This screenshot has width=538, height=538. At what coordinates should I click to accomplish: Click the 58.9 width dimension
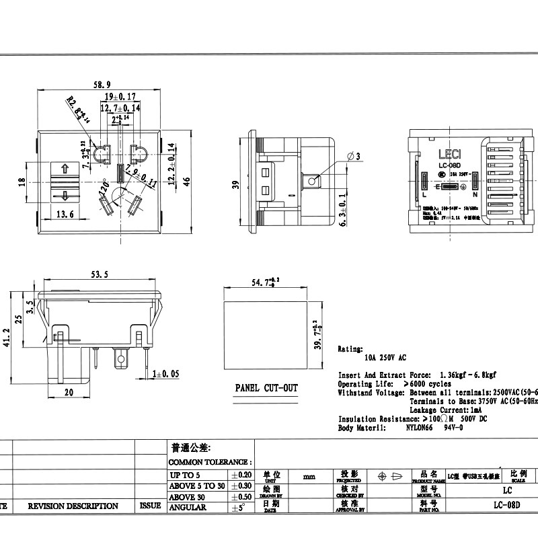[x=102, y=84]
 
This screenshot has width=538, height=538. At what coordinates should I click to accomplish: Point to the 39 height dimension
[x=235, y=184]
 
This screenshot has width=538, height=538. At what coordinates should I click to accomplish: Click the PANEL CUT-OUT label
[x=266, y=389]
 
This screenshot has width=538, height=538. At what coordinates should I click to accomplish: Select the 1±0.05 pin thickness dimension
[x=165, y=373]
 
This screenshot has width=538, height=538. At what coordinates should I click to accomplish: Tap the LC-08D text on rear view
[x=449, y=165]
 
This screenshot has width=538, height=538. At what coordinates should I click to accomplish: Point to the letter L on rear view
[x=424, y=194]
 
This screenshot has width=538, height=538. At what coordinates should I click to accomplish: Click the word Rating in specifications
[x=350, y=350]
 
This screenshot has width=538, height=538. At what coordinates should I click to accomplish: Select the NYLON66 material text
[x=422, y=427]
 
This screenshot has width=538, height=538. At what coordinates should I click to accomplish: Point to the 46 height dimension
[x=188, y=180]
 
